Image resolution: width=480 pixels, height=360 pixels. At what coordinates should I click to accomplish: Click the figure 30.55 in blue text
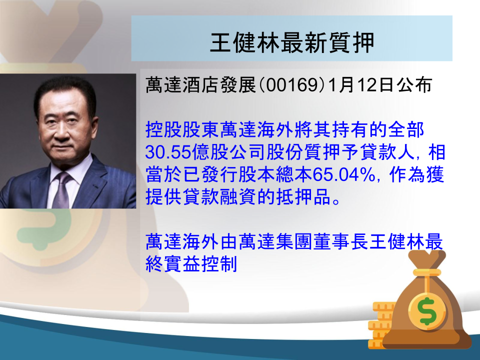tap(168, 152)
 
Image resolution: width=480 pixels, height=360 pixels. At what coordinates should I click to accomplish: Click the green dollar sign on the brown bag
tap(427, 311)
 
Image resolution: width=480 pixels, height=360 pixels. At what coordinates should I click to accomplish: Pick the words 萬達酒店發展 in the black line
tap(200, 85)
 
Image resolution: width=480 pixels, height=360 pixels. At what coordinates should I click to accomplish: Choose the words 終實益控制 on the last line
tap(191, 264)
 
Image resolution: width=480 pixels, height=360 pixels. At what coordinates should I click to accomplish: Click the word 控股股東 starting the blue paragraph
tap(182, 130)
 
